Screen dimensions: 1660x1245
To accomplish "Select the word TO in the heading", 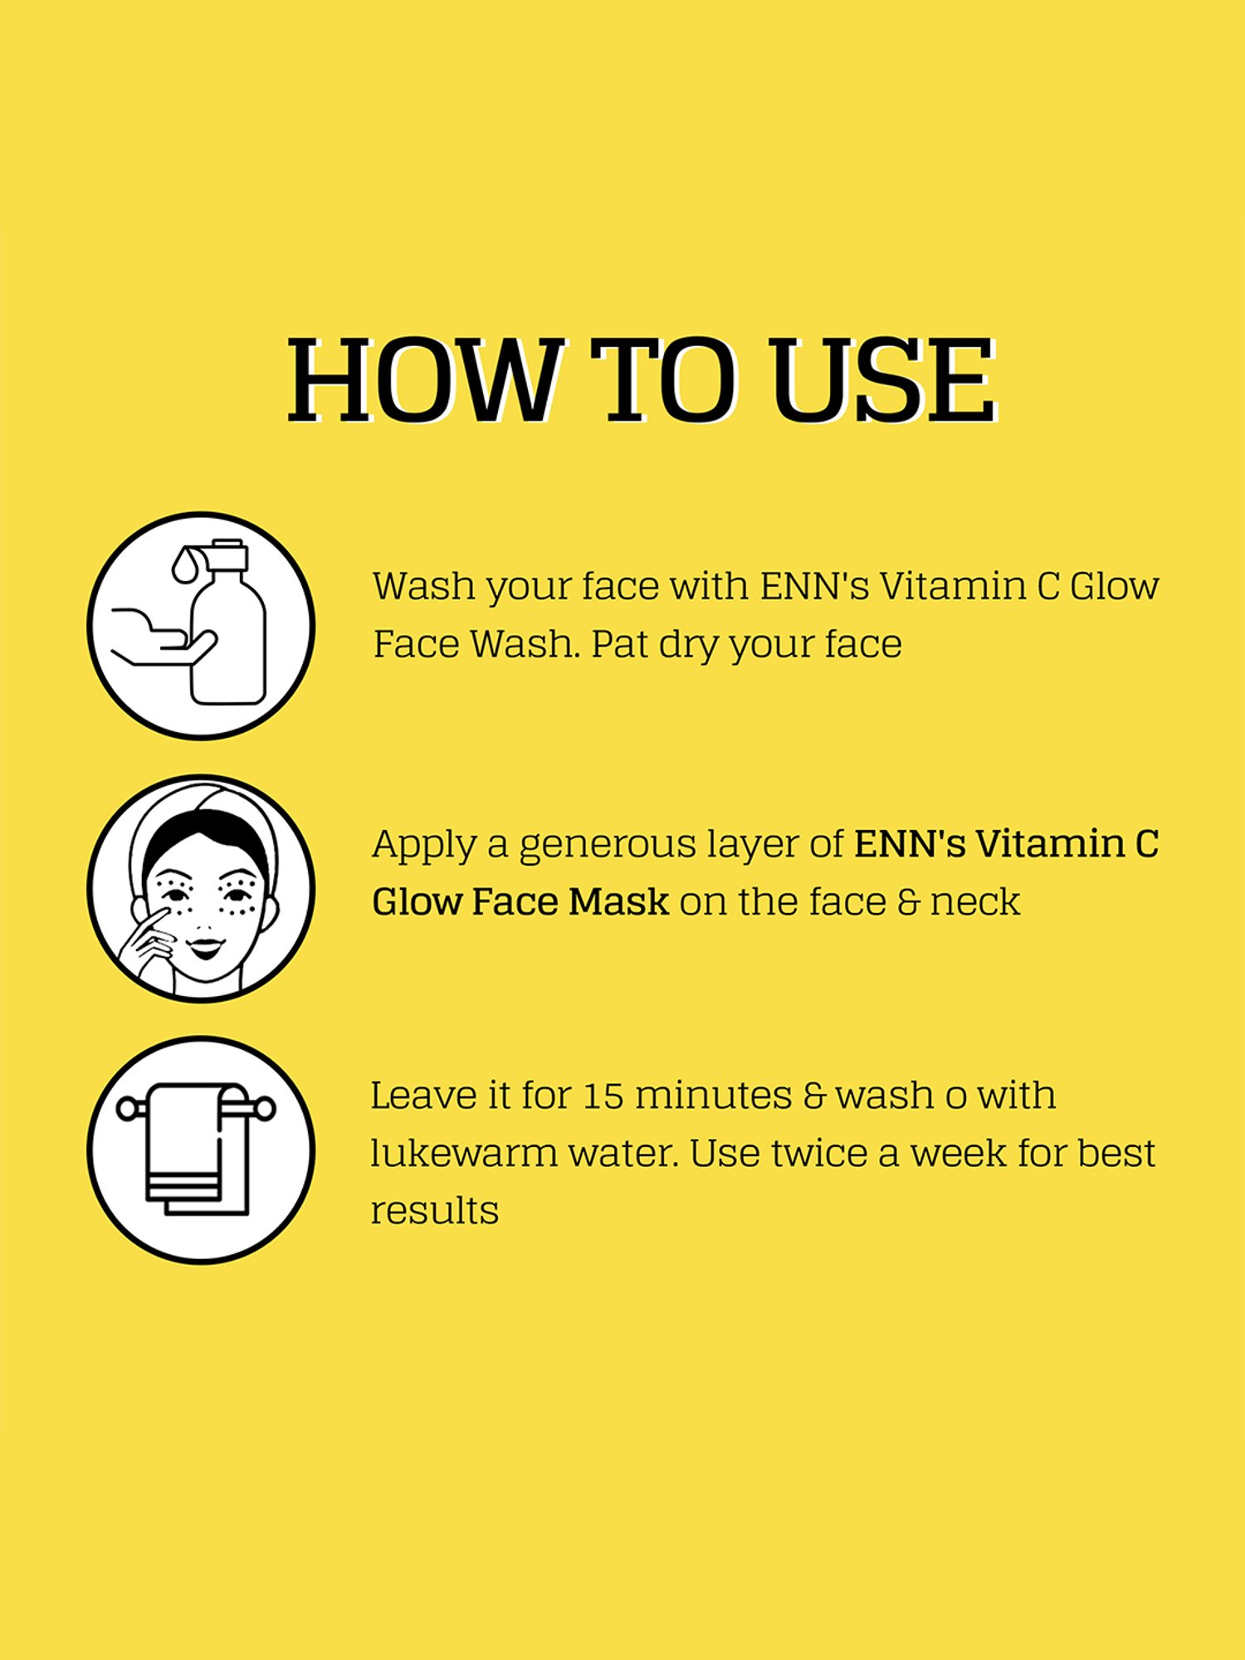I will pos(664,379).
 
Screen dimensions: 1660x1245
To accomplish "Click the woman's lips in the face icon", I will pos(205,945).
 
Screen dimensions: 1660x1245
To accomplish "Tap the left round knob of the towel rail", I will pos(128,1108).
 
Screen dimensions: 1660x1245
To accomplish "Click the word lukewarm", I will pos(463,1153).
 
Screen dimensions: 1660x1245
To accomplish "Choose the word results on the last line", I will pos(434,1211).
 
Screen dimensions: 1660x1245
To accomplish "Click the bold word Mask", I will pos(618,901).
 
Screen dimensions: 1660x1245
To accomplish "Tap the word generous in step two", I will pos(608,845).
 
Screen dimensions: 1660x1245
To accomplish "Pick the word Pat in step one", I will pos(618,644).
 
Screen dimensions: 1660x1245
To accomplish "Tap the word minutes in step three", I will pos(714,1096).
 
